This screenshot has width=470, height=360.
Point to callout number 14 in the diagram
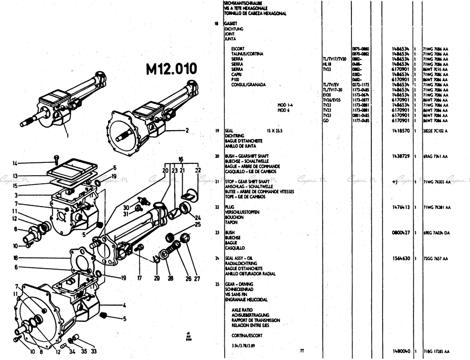(x=15, y=163)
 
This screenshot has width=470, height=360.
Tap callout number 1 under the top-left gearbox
(x=67, y=134)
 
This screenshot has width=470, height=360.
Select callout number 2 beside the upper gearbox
(x=187, y=131)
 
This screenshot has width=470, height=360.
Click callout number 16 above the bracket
(x=181, y=159)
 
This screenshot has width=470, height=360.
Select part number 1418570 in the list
(x=401, y=131)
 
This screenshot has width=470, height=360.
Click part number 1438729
(x=401, y=156)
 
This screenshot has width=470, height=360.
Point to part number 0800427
(x=401, y=232)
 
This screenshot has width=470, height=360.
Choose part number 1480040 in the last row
(x=401, y=351)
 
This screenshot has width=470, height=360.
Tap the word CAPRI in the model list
(x=237, y=74)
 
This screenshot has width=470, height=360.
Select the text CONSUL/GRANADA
(x=248, y=84)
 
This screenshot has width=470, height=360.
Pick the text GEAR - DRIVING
(x=238, y=284)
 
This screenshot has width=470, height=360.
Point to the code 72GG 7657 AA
(x=435, y=259)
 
